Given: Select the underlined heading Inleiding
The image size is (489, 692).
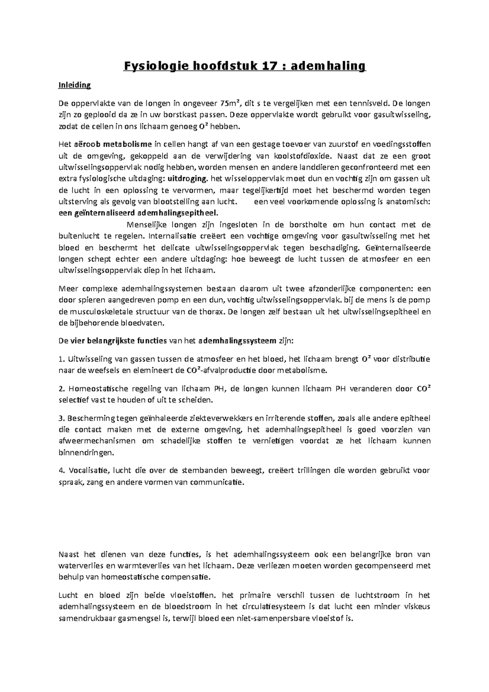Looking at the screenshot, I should pyautogui.click(x=75, y=86).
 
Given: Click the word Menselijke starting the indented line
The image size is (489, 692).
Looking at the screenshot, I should pyautogui.click(x=147, y=225).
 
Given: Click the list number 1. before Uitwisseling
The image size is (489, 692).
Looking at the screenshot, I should pyautogui.click(x=62, y=359).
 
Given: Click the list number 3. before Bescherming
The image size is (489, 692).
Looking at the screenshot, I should pyautogui.click(x=62, y=418).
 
